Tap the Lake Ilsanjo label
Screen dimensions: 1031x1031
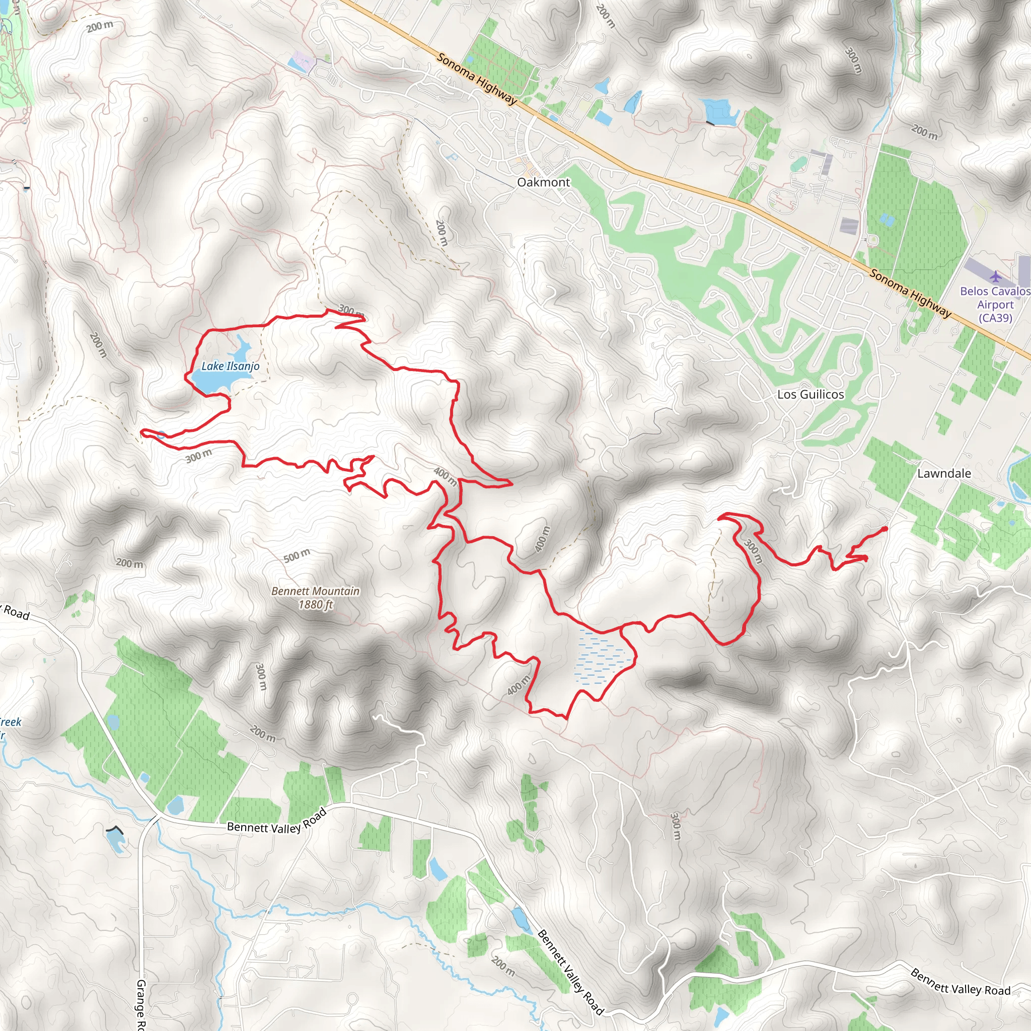(x=230, y=366)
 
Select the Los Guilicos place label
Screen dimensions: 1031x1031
(x=810, y=394)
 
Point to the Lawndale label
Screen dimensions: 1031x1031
(x=943, y=473)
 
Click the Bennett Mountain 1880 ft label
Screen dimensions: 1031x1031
(x=315, y=598)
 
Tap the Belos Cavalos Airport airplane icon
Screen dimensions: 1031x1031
(x=995, y=276)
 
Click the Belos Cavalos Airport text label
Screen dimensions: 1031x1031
(x=995, y=305)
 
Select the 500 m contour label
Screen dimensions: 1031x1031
(x=296, y=556)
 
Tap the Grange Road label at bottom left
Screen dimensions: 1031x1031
(x=141, y=1003)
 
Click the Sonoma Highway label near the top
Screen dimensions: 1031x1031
(x=477, y=79)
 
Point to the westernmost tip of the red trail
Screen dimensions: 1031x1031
(x=142, y=430)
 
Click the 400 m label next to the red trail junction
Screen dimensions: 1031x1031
(x=445, y=476)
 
